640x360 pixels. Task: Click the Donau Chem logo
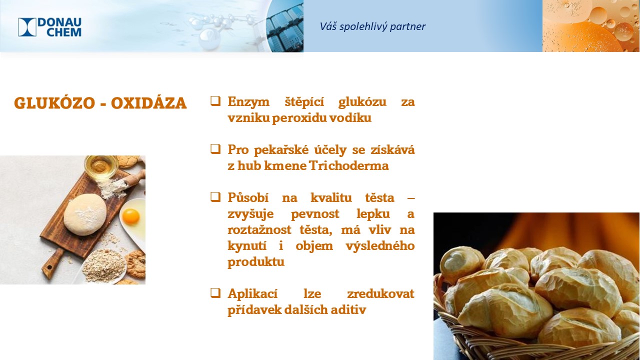(49, 27)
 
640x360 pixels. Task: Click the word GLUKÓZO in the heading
(54, 103)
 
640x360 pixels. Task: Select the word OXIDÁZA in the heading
(149, 103)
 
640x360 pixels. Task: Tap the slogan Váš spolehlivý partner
(372, 26)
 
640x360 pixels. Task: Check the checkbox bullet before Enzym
(215, 101)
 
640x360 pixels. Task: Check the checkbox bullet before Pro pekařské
(215, 149)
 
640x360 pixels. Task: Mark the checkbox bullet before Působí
(215, 197)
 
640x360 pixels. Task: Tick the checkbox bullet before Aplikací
(215, 293)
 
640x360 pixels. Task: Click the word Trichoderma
(349, 165)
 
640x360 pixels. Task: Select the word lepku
(373, 214)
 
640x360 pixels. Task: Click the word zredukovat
(381, 293)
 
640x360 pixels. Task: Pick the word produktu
(256, 262)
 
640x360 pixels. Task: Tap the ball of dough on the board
(85, 214)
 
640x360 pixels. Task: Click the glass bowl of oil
(101, 166)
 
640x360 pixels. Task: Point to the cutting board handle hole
(49, 267)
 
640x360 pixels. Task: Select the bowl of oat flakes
(103, 266)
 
